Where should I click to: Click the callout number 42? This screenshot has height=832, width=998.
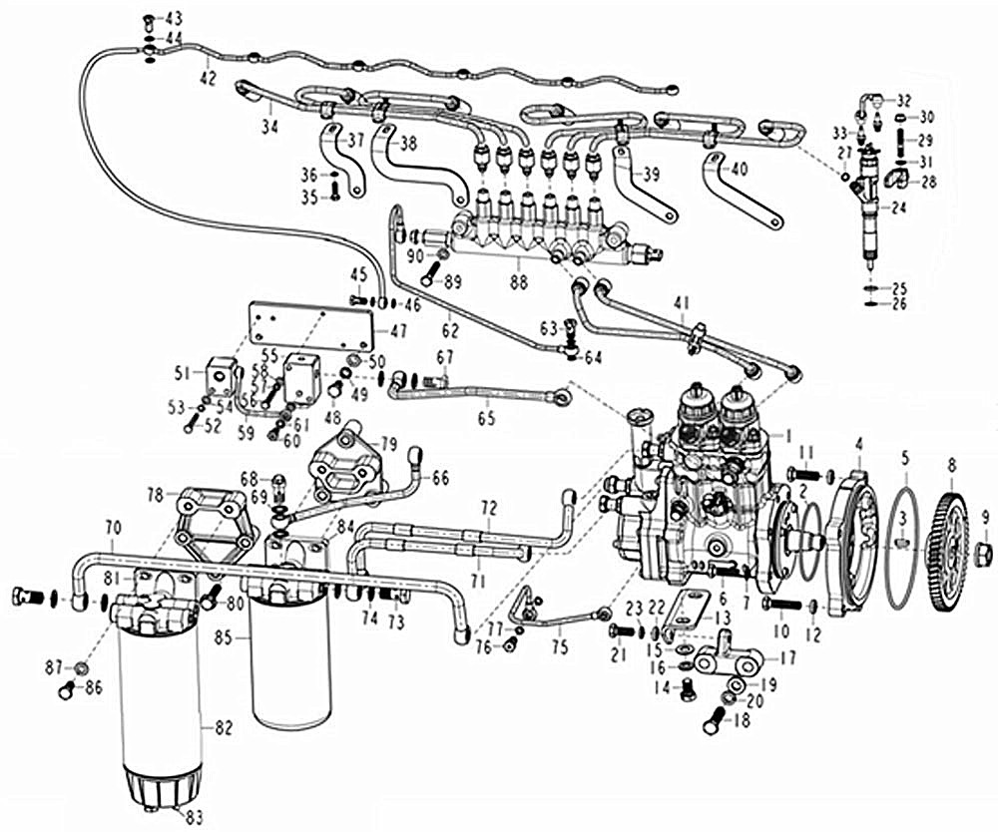208,76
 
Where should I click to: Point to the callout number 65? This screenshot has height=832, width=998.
486,419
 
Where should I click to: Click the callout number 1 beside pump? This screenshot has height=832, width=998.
787,435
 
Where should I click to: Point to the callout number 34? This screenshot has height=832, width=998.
268,126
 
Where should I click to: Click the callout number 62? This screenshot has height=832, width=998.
449,324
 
